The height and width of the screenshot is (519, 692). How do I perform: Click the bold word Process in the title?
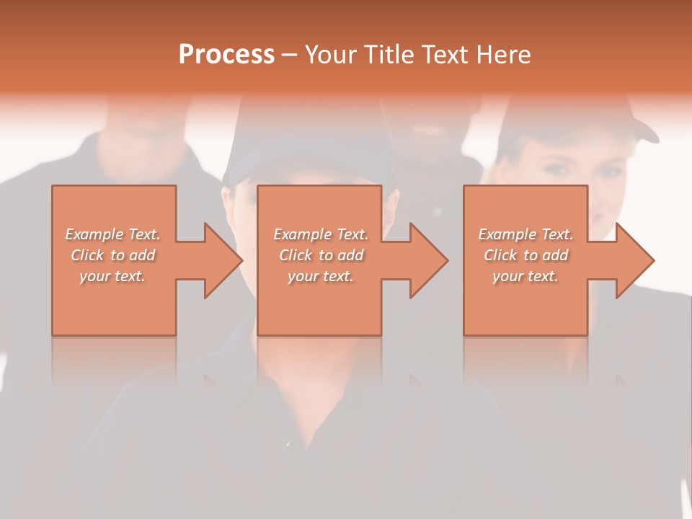pos(226,55)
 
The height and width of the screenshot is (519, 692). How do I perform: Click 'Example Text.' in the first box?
pos(112,234)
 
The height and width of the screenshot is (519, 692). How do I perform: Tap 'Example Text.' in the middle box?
pos(320,234)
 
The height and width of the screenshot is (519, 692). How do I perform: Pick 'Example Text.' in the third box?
pos(525,234)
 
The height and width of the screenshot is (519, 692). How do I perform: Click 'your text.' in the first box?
pos(112,276)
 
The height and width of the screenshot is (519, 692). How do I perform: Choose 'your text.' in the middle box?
pos(320,276)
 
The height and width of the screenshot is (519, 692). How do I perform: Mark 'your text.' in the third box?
pos(525,276)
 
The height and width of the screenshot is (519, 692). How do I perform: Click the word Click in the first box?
pos(87,255)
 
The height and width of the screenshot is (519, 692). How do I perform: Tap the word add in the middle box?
pos(350,255)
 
